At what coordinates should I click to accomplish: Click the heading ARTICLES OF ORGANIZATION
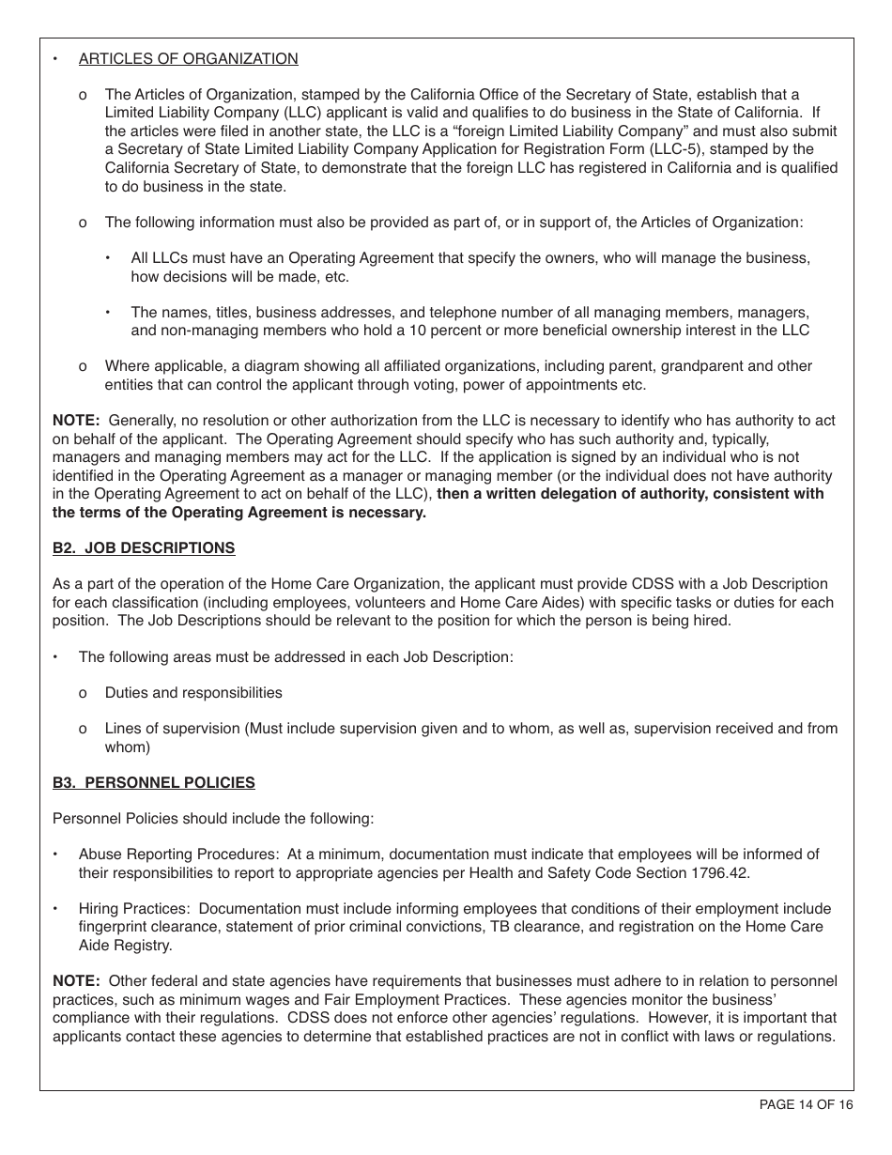coord(188,59)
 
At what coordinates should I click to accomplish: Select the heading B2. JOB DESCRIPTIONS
coord(144,548)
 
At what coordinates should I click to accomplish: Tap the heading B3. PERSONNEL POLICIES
coord(153,782)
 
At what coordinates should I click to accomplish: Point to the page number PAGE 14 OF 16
coord(806,1105)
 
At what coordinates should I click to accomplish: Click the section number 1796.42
coord(723,872)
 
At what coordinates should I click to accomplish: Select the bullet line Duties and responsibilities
coord(193,693)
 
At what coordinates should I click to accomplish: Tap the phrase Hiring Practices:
coord(136,909)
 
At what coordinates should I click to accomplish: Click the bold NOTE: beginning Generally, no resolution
coord(76,421)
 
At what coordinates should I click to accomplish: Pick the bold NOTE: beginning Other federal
coord(76,981)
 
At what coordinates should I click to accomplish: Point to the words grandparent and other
coord(733,366)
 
